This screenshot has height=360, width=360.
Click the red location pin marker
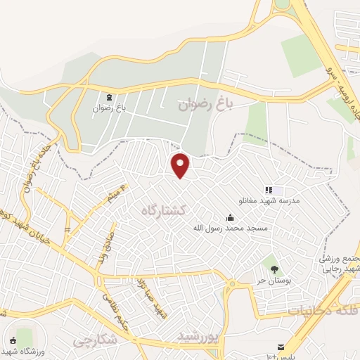pos(181,165)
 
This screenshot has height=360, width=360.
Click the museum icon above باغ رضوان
pos(109,97)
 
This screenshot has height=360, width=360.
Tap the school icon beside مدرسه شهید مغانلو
pos(269,190)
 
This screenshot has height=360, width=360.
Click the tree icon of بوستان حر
pos(274,269)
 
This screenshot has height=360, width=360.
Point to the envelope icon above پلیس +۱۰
pos(281,347)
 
